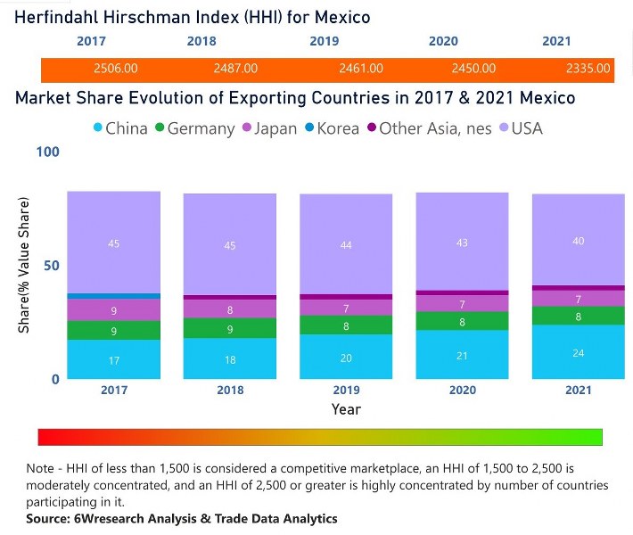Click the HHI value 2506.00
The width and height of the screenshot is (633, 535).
click(115, 68)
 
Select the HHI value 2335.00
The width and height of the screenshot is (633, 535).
click(588, 68)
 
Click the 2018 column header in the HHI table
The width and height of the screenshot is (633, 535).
click(201, 41)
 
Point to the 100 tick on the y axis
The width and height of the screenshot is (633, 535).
click(47, 152)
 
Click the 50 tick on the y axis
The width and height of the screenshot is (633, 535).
click(51, 266)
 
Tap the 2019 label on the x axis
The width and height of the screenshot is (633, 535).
click(346, 391)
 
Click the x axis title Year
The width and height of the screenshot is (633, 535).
click(346, 409)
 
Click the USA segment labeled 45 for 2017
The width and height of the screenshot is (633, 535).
click(114, 243)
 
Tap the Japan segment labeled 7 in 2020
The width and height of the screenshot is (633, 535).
click(462, 303)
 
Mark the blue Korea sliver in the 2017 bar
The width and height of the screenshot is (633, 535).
click(114, 296)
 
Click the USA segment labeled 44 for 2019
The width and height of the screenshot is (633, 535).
click(346, 244)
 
